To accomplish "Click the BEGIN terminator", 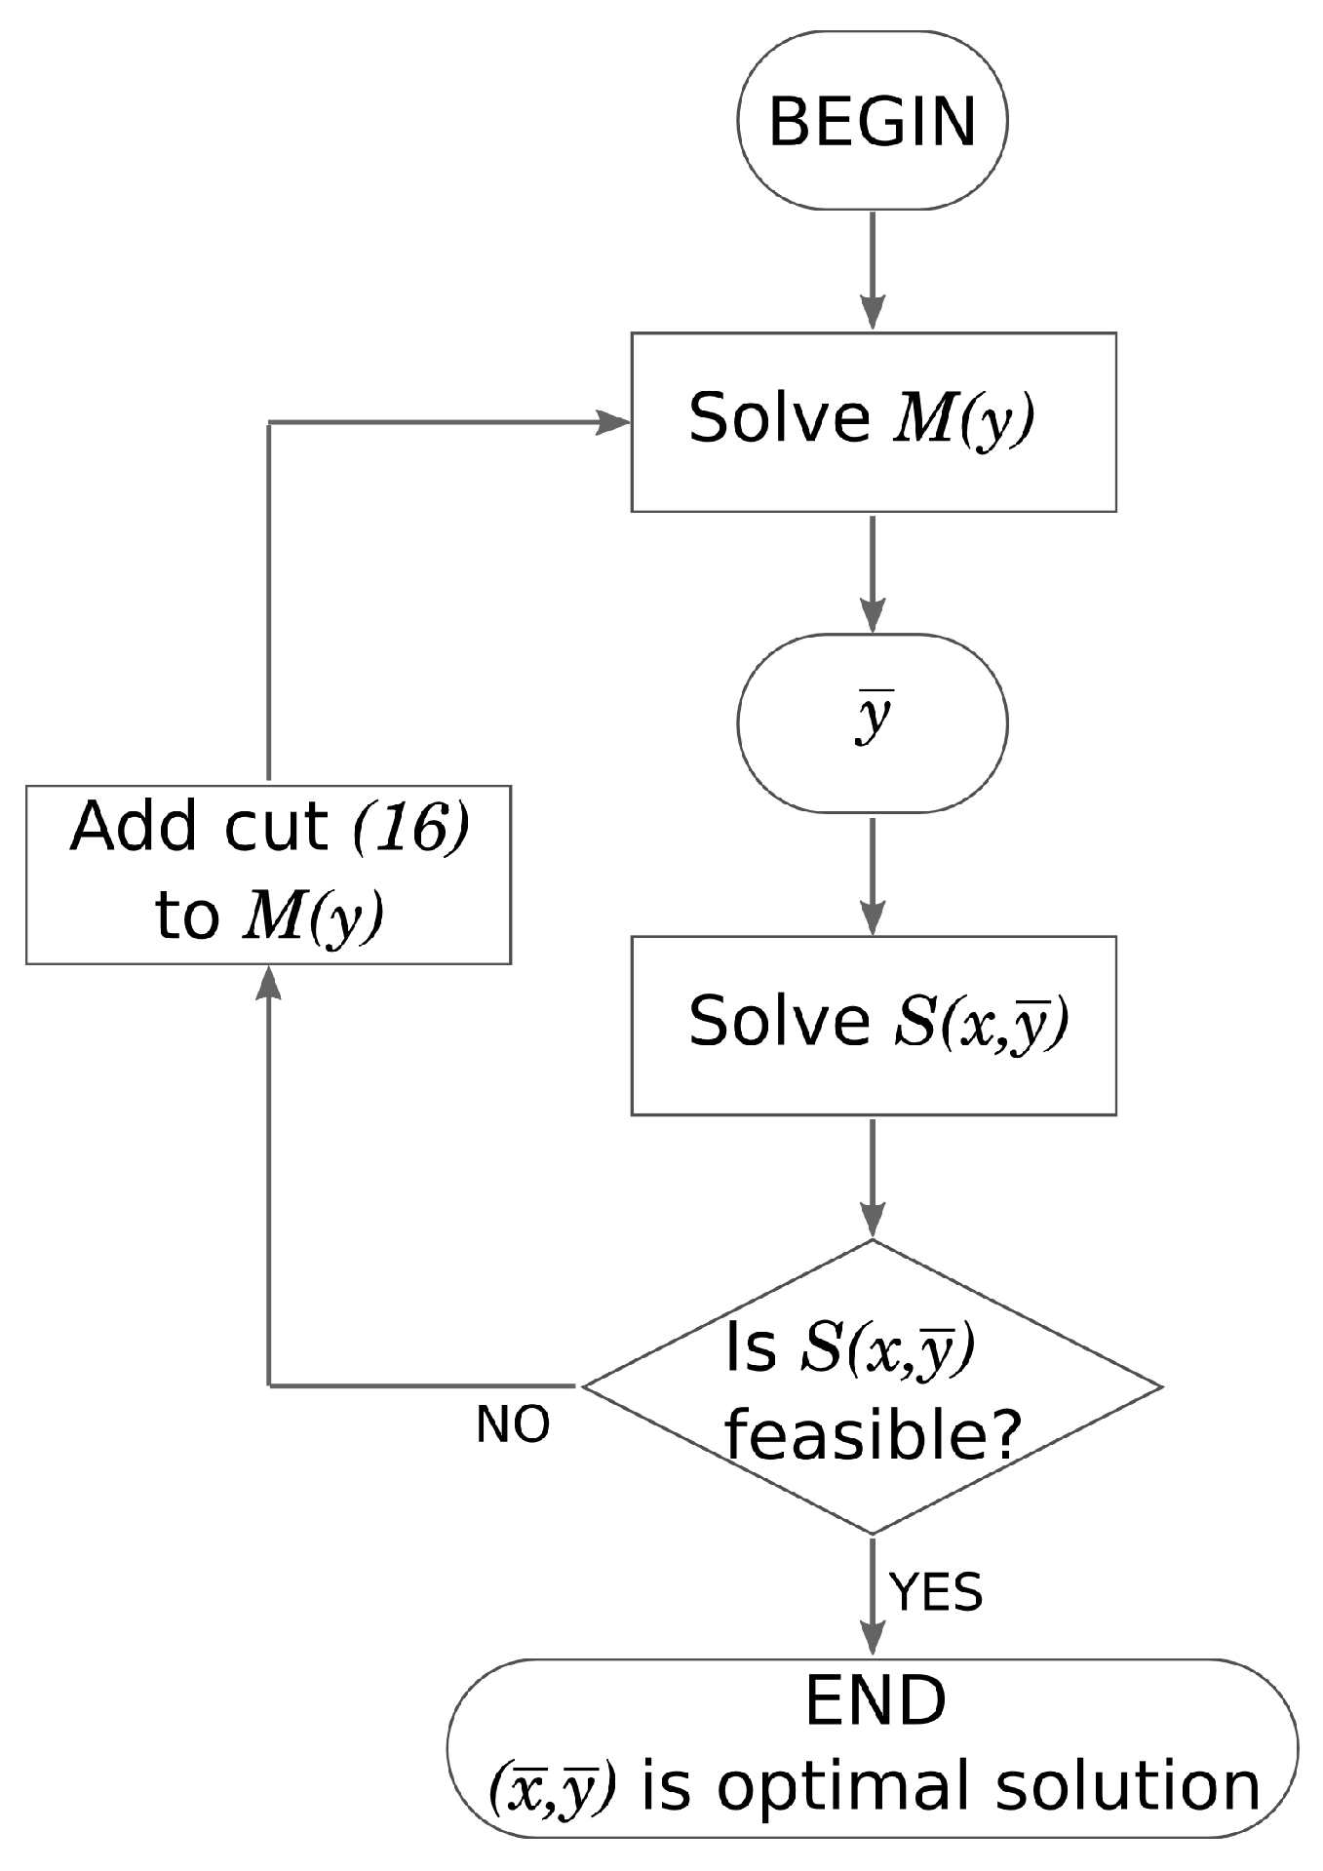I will pyautogui.click(x=873, y=121).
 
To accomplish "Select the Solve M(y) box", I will pyautogui.click(x=873, y=421).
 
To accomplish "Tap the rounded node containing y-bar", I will pyautogui.click(x=873, y=722).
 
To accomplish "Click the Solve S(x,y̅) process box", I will pyautogui.click(x=873, y=1025).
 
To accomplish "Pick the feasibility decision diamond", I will pyautogui.click(x=873, y=1385).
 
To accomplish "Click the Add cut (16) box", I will pyautogui.click(x=268, y=874).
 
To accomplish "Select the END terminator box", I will pyautogui.click(x=873, y=1748).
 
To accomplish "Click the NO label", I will pyautogui.click(x=513, y=1425).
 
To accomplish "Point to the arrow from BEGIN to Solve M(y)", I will pyautogui.click(x=873, y=271).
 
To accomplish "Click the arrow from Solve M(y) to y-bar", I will pyautogui.click(x=873, y=573).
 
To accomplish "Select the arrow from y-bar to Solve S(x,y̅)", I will pyautogui.click(x=873, y=875).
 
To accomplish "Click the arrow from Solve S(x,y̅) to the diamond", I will pyautogui.click(x=873, y=1177).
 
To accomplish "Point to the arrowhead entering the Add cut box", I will pyautogui.click(x=268, y=983).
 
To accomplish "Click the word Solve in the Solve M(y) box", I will pyautogui.click(x=779, y=418).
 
